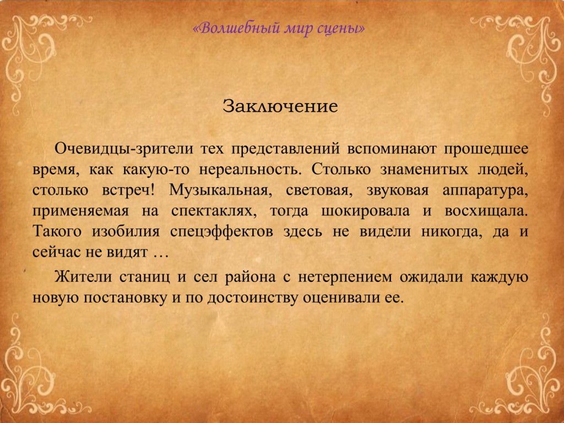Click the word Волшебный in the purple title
point(238,28)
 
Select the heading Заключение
point(280,106)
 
